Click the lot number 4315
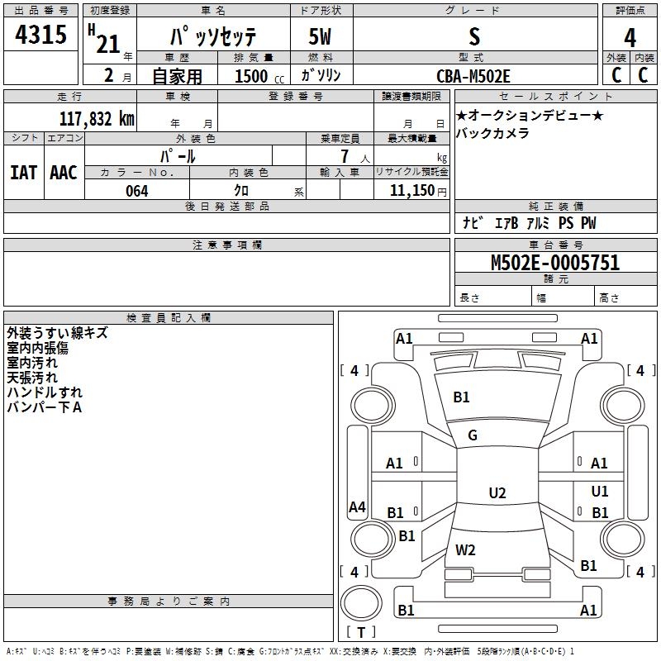[x=41, y=36]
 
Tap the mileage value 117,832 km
[x=97, y=119]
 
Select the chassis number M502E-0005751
[x=555, y=264]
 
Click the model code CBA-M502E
[x=473, y=76]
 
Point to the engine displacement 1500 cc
[x=251, y=76]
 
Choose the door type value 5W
[x=321, y=37]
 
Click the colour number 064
[x=137, y=191]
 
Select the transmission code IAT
[x=22, y=173]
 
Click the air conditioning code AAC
[x=63, y=173]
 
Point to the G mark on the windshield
[x=473, y=435]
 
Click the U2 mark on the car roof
[x=497, y=493]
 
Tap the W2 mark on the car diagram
[x=466, y=549]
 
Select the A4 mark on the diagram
[x=357, y=507]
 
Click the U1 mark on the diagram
[x=600, y=492]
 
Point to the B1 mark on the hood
[x=461, y=397]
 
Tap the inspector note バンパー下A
[x=43, y=407]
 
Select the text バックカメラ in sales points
[x=492, y=134]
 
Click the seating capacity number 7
[x=344, y=155]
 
